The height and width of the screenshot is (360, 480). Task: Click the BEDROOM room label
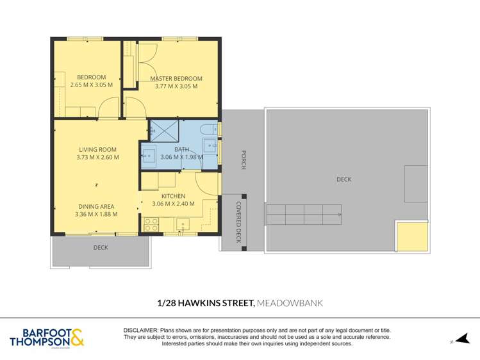point(91,77)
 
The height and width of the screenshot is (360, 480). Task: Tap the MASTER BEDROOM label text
point(176,79)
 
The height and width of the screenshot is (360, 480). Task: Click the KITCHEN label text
point(173,196)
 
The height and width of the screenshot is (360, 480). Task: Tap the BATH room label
point(181,150)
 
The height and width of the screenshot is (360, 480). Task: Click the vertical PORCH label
point(244,160)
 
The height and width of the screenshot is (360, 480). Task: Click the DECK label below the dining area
point(101,247)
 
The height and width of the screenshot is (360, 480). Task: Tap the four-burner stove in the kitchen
point(151,225)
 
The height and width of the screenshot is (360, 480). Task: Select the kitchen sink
point(183,225)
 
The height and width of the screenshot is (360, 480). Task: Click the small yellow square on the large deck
point(411,236)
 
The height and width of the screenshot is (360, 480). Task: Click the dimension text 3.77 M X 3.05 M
point(176,86)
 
